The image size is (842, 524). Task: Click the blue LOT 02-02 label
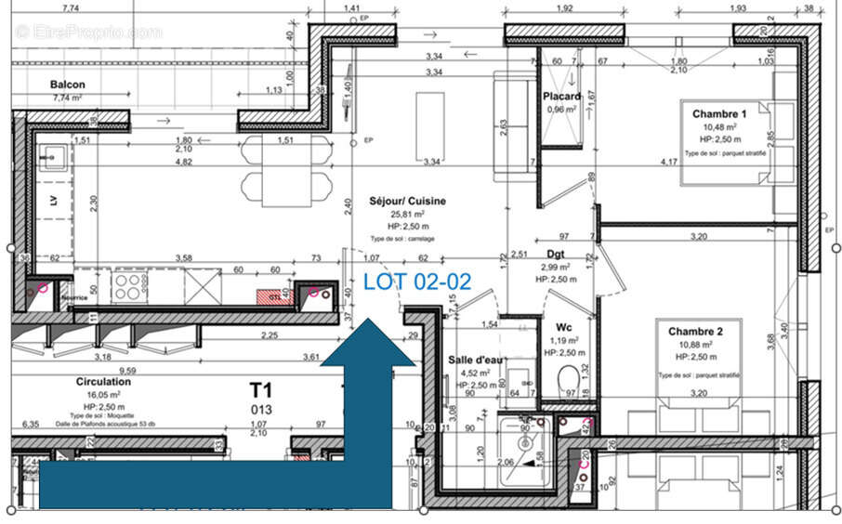coord(417,281)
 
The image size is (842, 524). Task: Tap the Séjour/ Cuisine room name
coord(407,201)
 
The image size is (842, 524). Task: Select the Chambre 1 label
coord(718,114)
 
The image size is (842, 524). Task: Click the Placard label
coord(561,96)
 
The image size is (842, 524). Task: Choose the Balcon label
coord(68,85)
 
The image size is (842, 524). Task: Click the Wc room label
coord(563,328)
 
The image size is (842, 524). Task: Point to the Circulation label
coord(104,382)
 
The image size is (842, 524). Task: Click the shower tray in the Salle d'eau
coord(524,451)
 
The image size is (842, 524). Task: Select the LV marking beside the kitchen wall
coord(52,200)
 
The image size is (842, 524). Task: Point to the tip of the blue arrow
coord(370,321)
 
